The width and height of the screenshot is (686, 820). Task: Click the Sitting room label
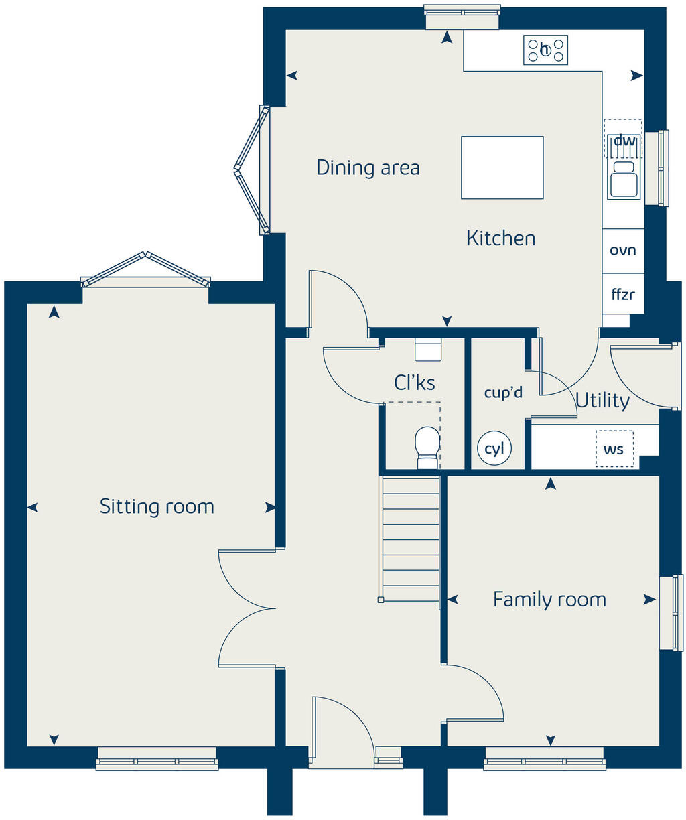(x=157, y=506)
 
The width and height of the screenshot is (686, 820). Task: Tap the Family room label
(x=549, y=599)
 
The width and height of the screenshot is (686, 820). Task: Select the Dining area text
(x=368, y=167)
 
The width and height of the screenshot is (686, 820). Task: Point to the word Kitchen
(x=500, y=238)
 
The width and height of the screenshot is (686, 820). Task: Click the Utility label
(x=602, y=401)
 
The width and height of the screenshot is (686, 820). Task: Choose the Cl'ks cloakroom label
(x=414, y=383)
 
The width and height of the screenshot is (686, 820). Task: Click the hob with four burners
(x=545, y=50)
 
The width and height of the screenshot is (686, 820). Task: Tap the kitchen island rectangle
(x=502, y=167)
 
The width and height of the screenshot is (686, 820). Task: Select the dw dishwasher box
(x=624, y=139)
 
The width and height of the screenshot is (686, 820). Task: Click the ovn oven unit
(x=623, y=251)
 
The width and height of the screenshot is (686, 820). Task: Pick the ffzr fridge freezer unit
(x=623, y=294)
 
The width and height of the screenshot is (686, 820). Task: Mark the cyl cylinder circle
(x=494, y=449)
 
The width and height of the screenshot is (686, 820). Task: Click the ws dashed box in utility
(x=614, y=449)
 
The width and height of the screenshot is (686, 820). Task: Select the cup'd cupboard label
(x=503, y=393)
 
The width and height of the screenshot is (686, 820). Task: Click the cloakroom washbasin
(x=428, y=350)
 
